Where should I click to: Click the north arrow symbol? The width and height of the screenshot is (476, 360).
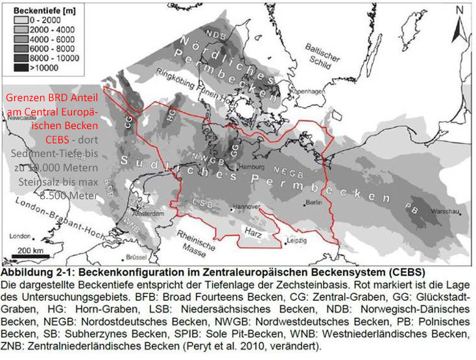pyautogui.click(x=458, y=26)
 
